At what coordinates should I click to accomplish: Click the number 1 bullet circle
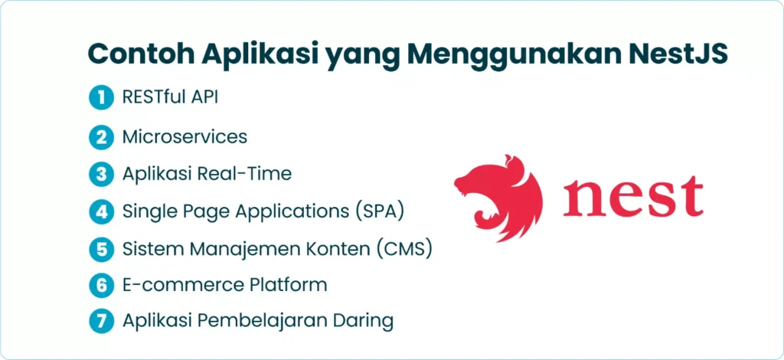(x=102, y=98)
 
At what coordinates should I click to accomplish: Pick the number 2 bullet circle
(x=102, y=137)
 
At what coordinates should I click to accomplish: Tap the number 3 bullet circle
(x=102, y=175)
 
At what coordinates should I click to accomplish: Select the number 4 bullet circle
(x=102, y=212)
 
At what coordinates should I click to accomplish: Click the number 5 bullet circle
(x=102, y=249)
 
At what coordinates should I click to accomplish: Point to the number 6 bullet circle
(x=102, y=285)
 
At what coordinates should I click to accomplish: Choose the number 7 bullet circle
(x=102, y=321)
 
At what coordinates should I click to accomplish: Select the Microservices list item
(x=185, y=136)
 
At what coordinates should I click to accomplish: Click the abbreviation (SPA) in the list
(x=381, y=211)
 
